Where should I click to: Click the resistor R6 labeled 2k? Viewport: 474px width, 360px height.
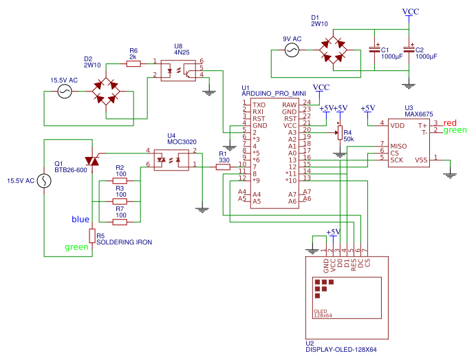(133, 63)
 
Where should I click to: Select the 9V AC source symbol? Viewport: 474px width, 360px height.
(291, 50)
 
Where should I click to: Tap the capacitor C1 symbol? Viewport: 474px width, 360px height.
(375, 50)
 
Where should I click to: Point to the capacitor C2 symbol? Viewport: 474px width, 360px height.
(409, 50)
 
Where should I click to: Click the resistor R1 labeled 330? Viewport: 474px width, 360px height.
(223, 165)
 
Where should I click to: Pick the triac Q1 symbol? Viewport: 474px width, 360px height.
(91, 161)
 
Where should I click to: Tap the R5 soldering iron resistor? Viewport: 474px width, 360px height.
(91, 235)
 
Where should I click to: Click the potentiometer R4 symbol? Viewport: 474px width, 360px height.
(338, 134)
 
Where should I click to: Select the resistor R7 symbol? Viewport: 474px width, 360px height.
(120, 222)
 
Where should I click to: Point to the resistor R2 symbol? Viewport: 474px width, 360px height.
(120, 181)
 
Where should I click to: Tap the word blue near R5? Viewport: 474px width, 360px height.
(80, 220)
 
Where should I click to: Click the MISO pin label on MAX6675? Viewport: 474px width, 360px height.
(398, 146)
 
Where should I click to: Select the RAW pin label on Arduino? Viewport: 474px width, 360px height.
(290, 104)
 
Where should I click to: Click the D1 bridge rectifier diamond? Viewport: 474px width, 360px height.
(336, 50)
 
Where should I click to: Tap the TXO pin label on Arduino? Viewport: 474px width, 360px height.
(259, 104)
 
